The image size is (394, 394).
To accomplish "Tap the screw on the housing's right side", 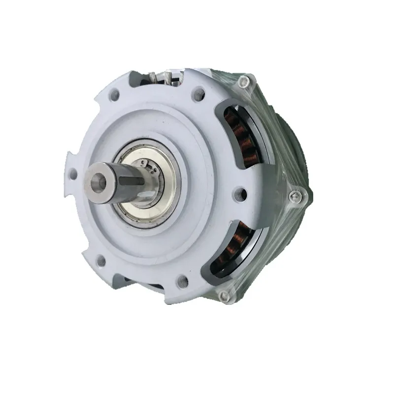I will click(x=294, y=196).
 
